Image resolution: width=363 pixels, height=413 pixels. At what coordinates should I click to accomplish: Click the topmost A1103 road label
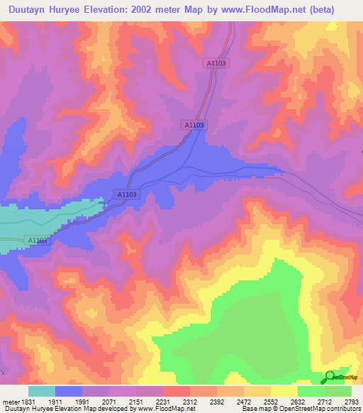point(216,64)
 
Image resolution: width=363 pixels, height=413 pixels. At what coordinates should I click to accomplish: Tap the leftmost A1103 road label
point(38,241)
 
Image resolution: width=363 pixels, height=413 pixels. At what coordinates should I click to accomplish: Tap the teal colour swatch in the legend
point(41,391)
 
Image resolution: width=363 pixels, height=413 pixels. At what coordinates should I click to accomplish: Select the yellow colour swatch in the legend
point(284,391)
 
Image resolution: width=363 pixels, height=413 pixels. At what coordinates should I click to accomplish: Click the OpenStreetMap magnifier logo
point(329,378)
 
